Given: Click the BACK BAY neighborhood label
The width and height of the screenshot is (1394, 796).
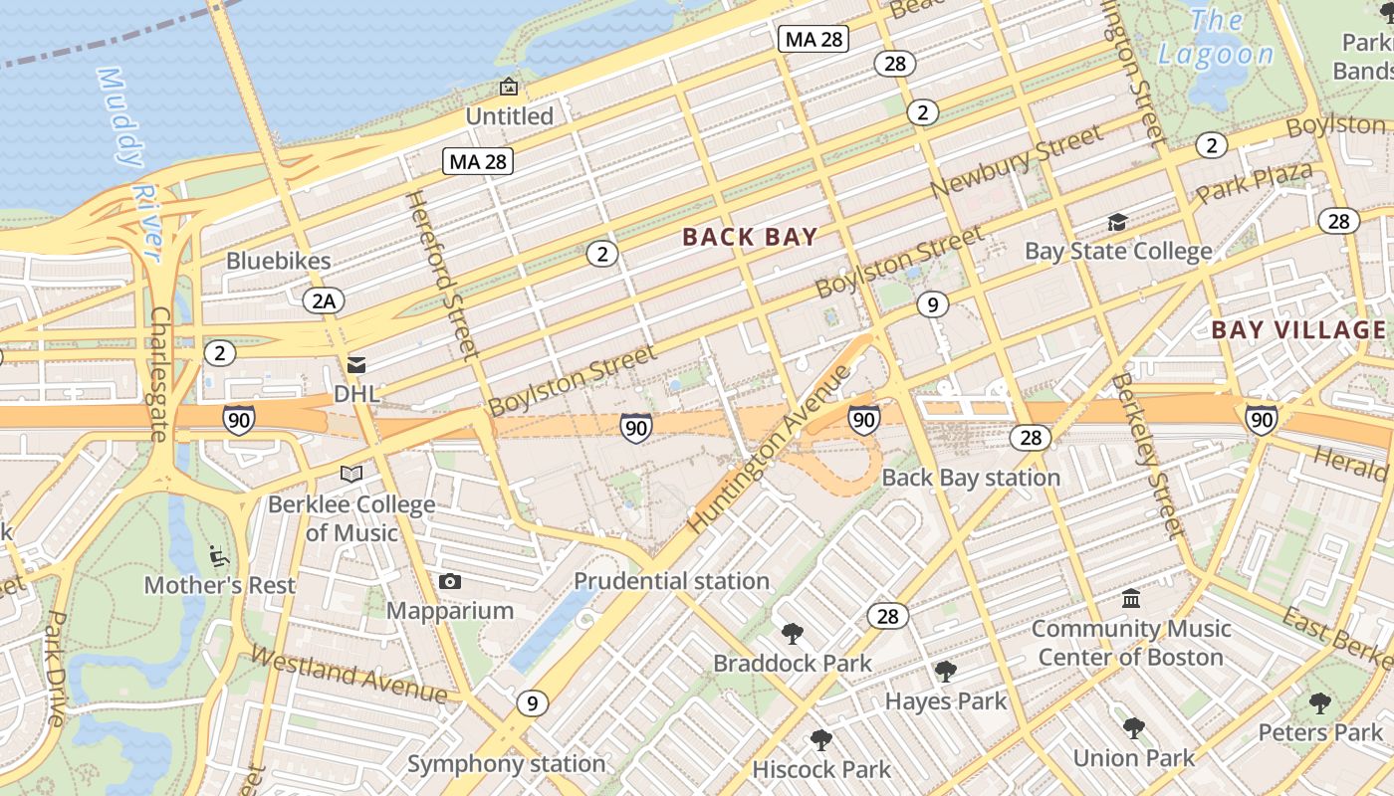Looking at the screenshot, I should tap(750, 237).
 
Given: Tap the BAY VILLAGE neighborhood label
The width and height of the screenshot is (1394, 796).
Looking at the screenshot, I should tap(1298, 330).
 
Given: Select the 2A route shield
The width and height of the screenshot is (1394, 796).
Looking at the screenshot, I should tap(324, 299).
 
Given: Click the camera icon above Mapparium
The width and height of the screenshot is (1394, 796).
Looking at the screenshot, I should tap(450, 581).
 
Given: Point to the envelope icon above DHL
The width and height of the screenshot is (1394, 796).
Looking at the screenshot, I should tap(356, 365).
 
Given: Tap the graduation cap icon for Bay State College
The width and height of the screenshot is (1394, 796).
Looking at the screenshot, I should tap(1118, 222).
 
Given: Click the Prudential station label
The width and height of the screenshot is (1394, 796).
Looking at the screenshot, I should tap(671, 581).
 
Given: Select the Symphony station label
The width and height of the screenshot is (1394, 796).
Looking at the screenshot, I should tap(506, 764).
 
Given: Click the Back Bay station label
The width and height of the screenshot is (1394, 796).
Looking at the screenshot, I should tap(971, 478).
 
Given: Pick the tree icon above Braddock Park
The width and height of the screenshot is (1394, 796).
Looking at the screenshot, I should tap(793, 633).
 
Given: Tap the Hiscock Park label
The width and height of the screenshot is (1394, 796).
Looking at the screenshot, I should tap(821, 769).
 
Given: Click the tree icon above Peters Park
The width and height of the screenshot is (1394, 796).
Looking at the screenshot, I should tap(1320, 703).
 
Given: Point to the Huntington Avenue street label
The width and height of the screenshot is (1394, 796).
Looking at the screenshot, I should tap(770, 449).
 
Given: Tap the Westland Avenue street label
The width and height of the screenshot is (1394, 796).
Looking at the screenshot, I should tap(348, 675).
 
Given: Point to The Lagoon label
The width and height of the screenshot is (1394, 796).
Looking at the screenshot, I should tap(1216, 38).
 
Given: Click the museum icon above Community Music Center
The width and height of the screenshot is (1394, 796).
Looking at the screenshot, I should tap(1131, 599).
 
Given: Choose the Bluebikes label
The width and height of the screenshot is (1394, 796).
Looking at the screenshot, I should tap(278, 261).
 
